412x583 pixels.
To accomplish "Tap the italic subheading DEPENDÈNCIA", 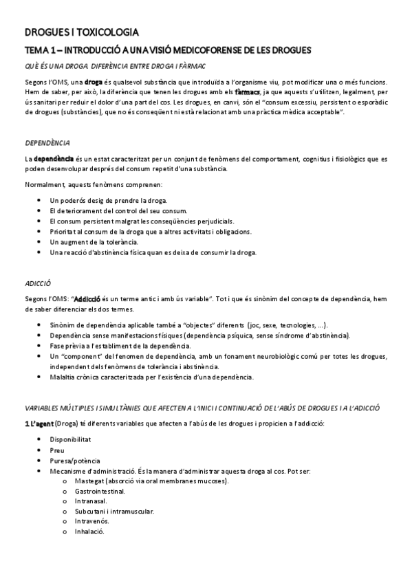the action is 47,143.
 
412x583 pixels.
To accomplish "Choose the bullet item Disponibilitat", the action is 71,439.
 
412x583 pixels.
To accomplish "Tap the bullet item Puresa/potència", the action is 75,461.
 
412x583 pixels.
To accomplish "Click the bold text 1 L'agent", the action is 39,422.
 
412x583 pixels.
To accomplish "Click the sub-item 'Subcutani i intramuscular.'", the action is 114,511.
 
